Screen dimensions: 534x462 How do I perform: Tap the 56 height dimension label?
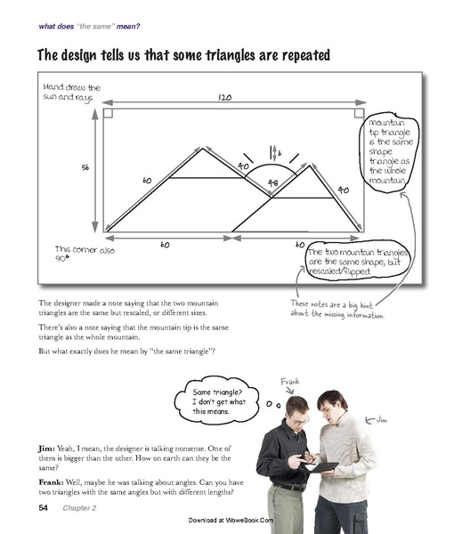(86, 166)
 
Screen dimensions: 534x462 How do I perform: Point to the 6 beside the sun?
(279, 153)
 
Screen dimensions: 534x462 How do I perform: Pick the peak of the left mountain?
(203, 149)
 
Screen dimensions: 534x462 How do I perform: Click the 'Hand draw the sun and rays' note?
(71, 93)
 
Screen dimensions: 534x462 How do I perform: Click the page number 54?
(43, 508)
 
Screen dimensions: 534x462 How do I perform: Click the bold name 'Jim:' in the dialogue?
(48, 447)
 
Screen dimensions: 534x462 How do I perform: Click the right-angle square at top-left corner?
(109, 113)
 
